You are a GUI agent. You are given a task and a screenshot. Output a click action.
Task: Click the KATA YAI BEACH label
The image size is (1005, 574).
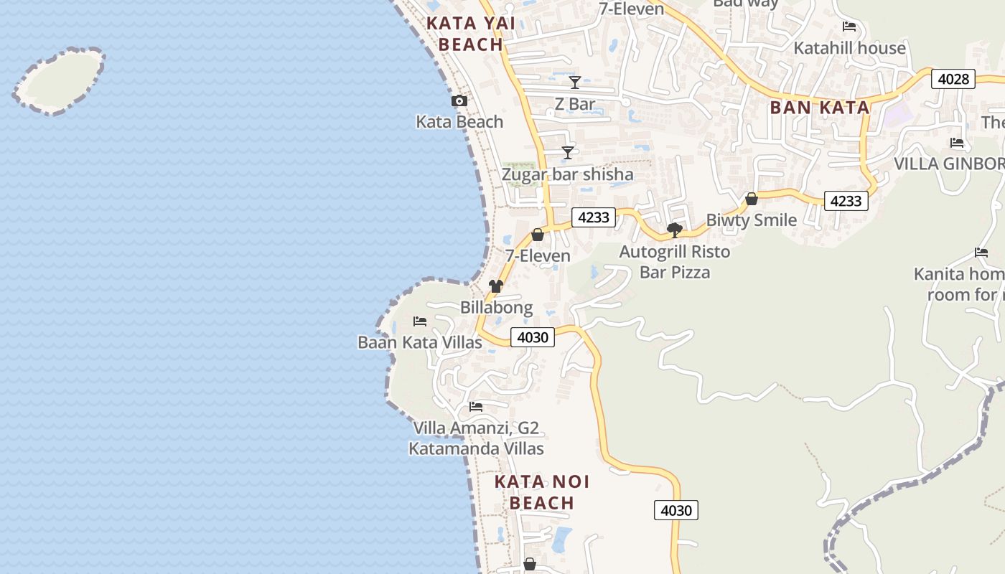pos(471,34)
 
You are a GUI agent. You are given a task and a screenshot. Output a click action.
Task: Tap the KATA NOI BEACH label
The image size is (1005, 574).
pos(542,492)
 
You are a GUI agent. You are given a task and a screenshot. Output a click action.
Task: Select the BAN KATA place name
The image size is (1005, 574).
pos(819,108)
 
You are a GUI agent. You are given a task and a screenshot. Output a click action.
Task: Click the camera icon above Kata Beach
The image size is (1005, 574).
pos(459,101)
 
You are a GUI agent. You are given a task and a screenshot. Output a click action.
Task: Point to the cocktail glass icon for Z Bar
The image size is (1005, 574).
pos(575,82)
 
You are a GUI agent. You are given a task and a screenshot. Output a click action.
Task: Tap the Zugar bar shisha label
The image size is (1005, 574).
pos(567,174)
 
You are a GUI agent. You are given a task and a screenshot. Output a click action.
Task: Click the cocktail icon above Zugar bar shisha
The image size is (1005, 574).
pos(568,152)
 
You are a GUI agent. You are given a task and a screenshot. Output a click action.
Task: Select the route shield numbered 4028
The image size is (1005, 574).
pos(953,79)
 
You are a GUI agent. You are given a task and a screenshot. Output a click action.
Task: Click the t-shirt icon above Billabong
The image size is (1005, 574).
pos(496,286)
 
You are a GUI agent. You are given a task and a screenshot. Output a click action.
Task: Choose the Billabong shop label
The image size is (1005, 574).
pos(497,308)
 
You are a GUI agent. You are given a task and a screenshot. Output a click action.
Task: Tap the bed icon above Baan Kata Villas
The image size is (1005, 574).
pos(420,321)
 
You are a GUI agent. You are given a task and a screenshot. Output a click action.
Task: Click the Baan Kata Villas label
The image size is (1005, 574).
pos(420,342)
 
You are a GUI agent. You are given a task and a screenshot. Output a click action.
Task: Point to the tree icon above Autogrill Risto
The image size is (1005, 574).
pos(674,230)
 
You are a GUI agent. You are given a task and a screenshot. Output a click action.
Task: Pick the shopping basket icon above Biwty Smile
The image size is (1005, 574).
pos(752,199)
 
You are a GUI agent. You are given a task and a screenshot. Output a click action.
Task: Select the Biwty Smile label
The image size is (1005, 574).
pos(752,220)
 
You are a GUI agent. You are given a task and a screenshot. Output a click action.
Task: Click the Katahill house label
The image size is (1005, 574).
pos(849,48)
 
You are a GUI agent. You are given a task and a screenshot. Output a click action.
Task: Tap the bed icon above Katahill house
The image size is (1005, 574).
pos(849,27)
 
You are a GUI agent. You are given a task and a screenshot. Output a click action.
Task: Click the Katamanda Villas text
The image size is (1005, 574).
pos(476,449)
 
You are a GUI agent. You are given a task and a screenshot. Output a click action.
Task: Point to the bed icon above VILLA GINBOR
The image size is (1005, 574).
pos(956,142)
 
